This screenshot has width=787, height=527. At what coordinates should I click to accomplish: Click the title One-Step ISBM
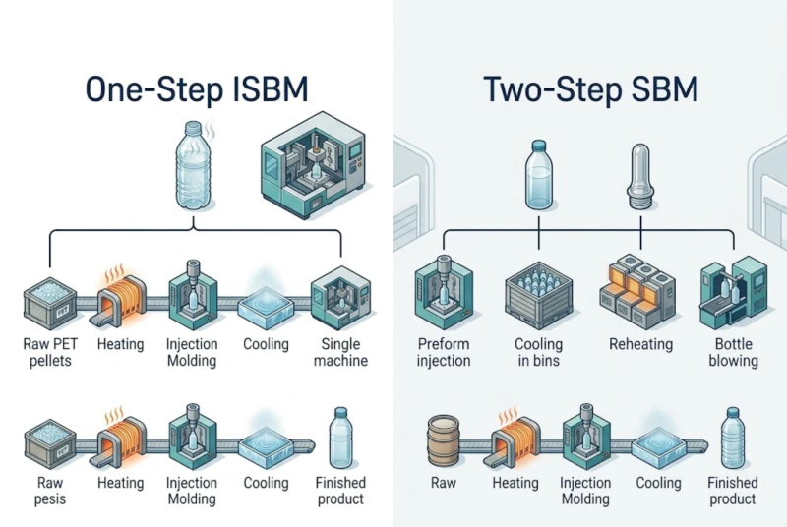[x=197, y=89]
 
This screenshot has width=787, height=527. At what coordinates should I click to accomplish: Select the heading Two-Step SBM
[x=591, y=89]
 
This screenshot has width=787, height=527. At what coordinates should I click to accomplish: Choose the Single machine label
[x=340, y=352]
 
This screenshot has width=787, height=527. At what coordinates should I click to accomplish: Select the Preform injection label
[x=444, y=352]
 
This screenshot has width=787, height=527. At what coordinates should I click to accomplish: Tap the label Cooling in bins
[x=539, y=352]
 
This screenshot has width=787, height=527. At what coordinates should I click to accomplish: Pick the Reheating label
[x=640, y=344]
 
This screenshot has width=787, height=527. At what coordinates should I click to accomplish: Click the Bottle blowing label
[x=733, y=352]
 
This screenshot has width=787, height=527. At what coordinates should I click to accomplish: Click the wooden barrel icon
[x=445, y=439]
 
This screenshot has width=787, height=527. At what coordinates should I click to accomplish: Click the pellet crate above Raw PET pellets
[x=49, y=300]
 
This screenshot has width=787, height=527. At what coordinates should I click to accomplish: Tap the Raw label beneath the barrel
[x=445, y=483]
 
